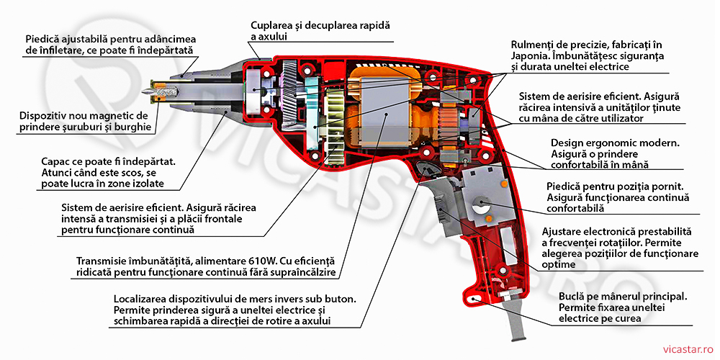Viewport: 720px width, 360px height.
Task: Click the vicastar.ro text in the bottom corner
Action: point(684,346)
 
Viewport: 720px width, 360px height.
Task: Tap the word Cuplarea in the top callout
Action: point(274,24)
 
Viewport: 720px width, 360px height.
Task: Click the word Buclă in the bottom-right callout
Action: point(575,296)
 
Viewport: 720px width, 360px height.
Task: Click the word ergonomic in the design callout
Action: point(616,143)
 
